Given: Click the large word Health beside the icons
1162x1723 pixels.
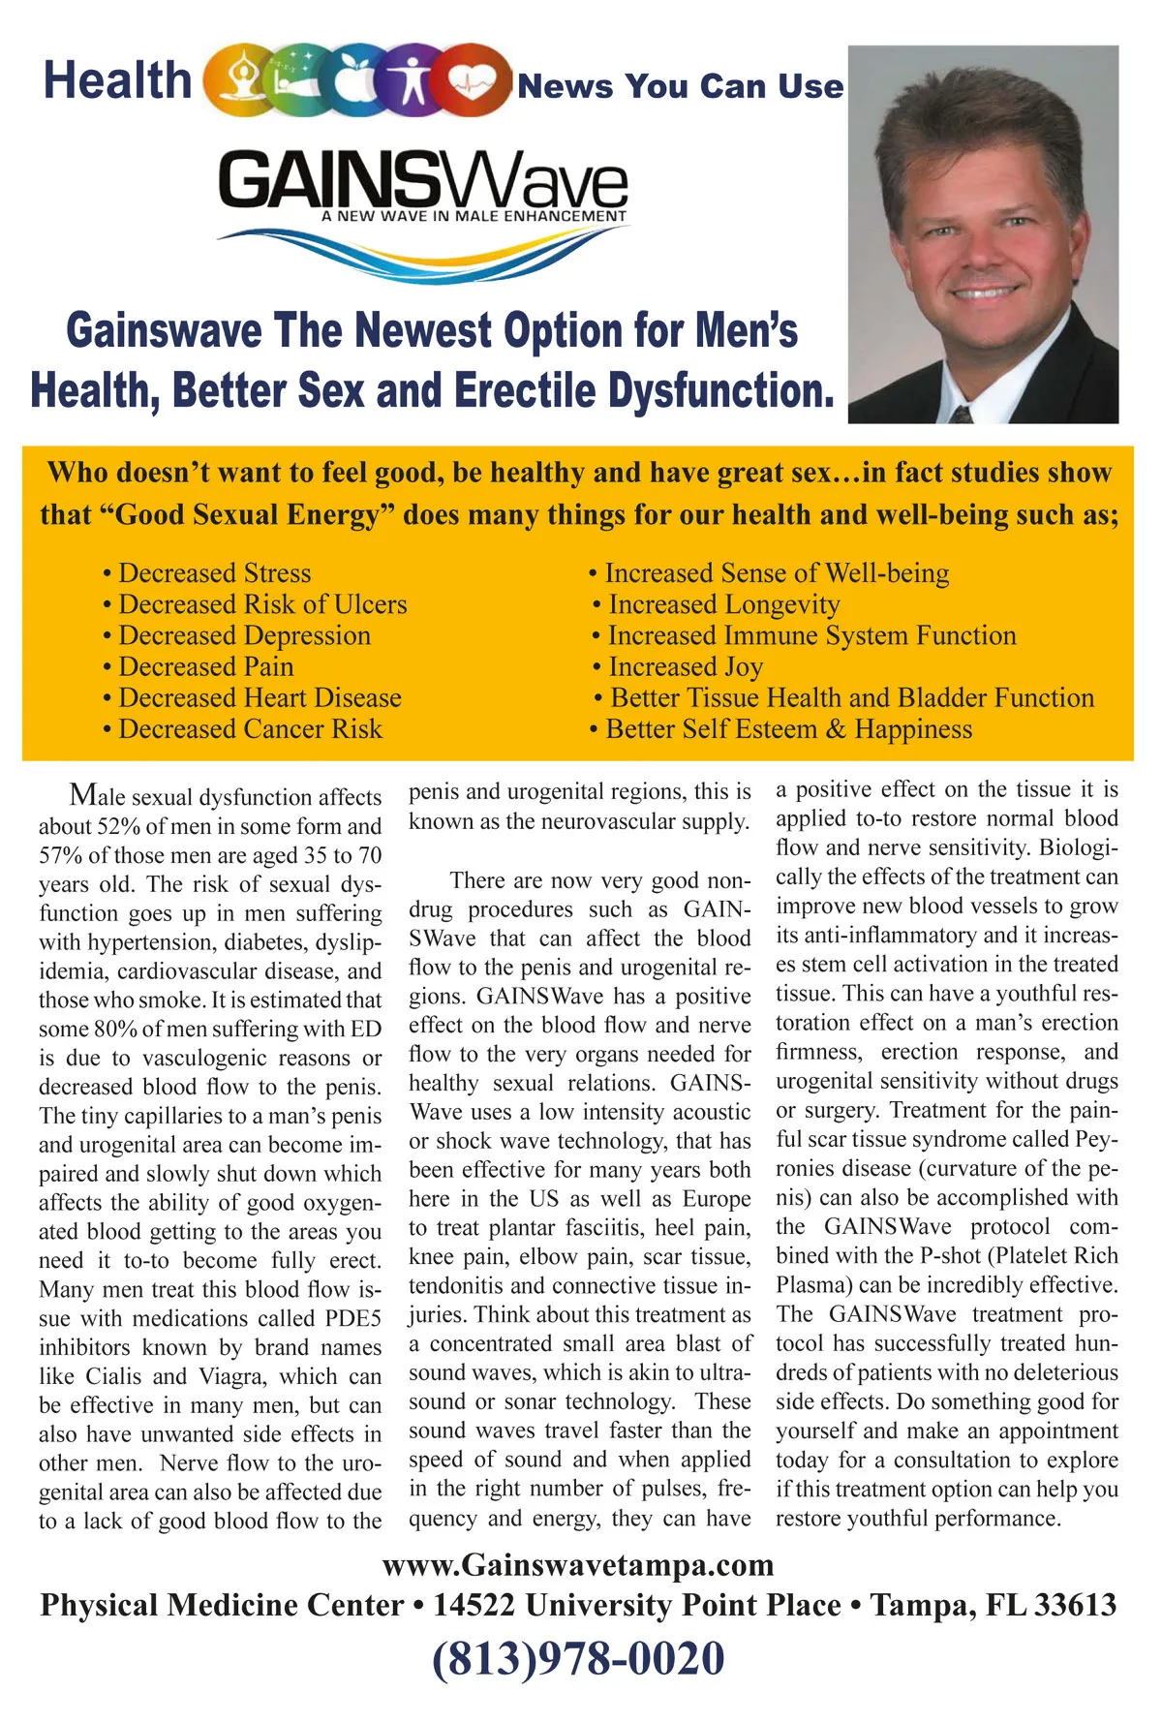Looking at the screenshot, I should tap(117, 79).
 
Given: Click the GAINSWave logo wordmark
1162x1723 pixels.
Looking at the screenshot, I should tap(423, 180).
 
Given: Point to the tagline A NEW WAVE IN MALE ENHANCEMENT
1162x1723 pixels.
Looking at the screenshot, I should tap(474, 216).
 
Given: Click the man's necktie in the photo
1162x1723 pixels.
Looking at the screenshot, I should tap(962, 415).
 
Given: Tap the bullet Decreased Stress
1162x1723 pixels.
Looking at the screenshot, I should tap(214, 573).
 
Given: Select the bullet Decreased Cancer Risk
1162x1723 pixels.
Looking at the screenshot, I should tap(250, 729).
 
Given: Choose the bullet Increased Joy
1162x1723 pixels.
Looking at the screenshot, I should tap(686, 667).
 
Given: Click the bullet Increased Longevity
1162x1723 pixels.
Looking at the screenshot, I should tap(723, 605).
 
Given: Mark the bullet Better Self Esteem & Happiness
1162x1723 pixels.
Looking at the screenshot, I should tap(788, 729).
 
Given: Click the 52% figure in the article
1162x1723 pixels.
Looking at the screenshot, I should tap(119, 827).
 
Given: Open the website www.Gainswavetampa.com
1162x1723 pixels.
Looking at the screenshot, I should tap(578, 1565).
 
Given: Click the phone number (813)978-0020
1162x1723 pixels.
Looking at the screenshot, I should tap(578, 1659).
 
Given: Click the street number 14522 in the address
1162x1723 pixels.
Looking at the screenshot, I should tap(474, 1606).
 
